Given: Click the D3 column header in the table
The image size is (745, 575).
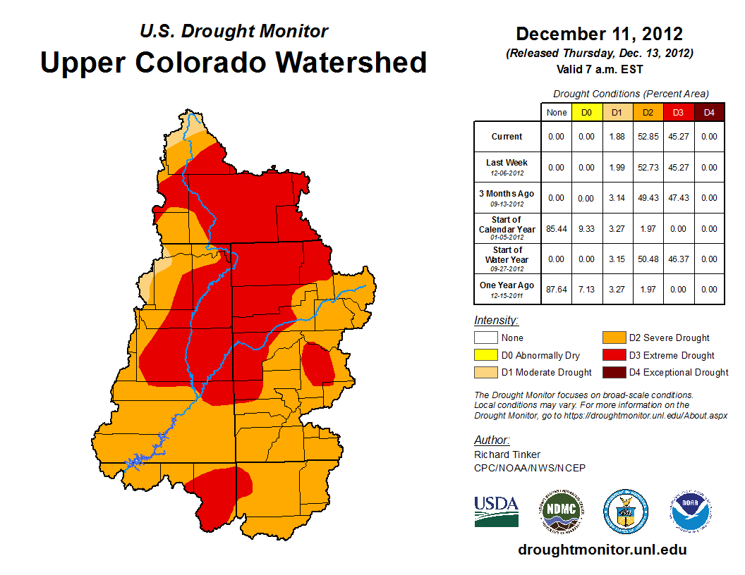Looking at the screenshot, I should coord(678,113).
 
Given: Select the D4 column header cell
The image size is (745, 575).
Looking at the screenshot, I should coord(709,113).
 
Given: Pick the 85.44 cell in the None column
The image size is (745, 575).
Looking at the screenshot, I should coord(556,229).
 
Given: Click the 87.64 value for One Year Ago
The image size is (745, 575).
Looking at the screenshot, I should coord(556,290).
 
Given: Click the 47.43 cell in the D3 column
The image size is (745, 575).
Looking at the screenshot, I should coord(678,198).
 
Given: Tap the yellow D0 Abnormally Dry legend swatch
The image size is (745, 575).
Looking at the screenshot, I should coord(486,355).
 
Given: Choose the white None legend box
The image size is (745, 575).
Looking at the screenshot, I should coord(486,338).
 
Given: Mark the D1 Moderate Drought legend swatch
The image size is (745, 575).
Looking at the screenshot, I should coord(486,372).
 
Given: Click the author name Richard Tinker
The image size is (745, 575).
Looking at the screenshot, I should coord(507,455).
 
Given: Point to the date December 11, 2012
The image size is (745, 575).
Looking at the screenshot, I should coord(599,34).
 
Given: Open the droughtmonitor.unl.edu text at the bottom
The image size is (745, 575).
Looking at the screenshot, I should coord(602,550).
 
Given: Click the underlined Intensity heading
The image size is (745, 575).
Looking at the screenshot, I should coord(496,320).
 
